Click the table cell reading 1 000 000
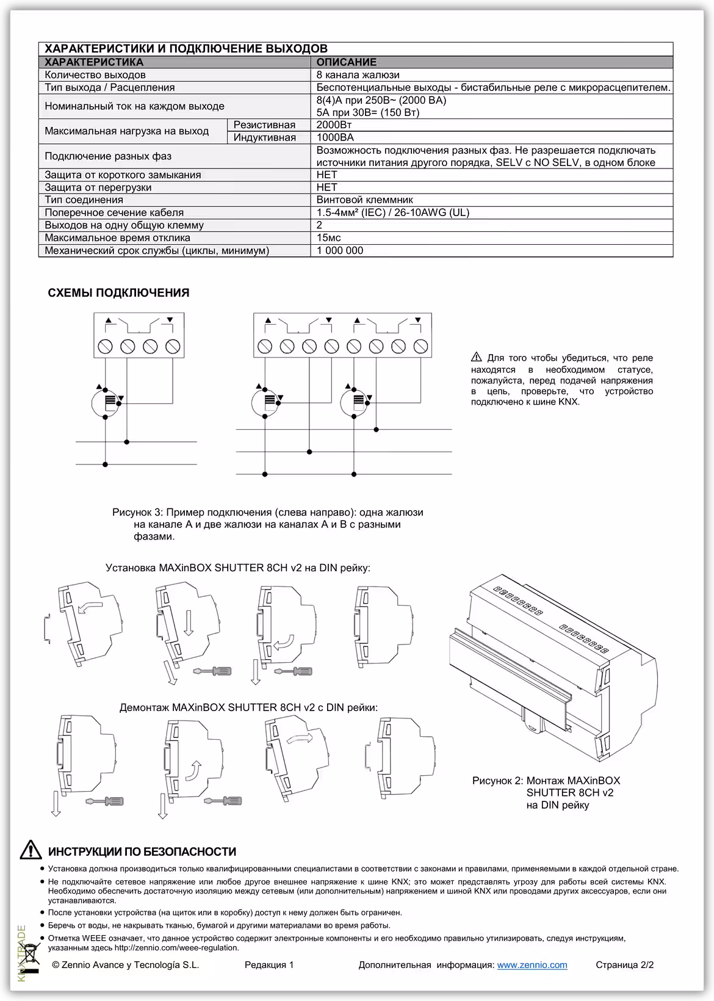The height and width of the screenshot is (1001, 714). (x=340, y=250)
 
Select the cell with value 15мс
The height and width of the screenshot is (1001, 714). (x=329, y=237)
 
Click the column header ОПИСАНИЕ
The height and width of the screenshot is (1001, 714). (x=346, y=62)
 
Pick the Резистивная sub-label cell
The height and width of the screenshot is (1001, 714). (x=264, y=125)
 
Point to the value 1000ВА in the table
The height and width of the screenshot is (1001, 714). (x=335, y=137)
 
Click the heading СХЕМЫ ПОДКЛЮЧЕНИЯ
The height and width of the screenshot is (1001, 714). (x=118, y=292)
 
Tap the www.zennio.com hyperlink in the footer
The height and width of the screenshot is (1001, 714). (x=532, y=965)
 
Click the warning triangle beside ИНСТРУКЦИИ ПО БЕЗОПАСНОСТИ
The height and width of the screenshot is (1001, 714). (x=31, y=850)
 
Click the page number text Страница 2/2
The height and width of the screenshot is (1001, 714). (x=624, y=965)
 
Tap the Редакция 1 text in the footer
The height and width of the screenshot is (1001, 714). (x=269, y=965)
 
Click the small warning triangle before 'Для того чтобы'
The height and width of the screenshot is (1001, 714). (x=477, y=358)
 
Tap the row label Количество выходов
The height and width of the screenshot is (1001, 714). (x=95, y=74)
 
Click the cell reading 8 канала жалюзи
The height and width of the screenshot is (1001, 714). (x=358, y=74)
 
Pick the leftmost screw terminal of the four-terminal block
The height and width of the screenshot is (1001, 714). (x=105, y=347)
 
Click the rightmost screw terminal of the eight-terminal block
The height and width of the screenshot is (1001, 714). (x=420, y=346)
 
